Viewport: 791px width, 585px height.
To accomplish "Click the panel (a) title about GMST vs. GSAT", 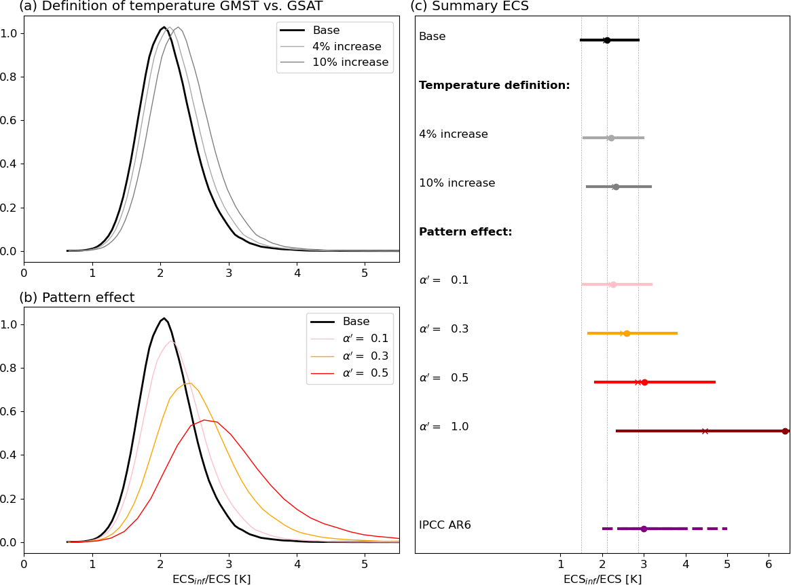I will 171,6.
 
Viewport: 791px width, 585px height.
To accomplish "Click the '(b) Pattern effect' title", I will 77,297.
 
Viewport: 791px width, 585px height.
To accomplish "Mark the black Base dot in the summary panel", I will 607,40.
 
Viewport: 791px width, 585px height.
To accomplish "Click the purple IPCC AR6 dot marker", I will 644,529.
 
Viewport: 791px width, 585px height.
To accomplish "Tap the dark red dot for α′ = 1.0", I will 785,431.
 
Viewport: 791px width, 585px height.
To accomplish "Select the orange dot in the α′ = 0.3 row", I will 627,333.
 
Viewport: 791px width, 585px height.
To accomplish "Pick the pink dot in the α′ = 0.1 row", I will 613,284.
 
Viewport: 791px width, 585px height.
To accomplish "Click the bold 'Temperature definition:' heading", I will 494,86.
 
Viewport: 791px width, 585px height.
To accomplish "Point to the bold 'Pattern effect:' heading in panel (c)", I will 466,232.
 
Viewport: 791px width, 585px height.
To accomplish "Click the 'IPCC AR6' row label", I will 445,525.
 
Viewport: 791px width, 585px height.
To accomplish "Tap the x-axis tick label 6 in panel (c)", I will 769,565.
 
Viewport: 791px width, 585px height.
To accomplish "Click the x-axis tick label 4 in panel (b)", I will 297,565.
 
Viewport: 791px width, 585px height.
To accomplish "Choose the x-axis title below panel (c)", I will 602,580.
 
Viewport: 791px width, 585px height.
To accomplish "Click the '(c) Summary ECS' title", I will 469,6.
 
